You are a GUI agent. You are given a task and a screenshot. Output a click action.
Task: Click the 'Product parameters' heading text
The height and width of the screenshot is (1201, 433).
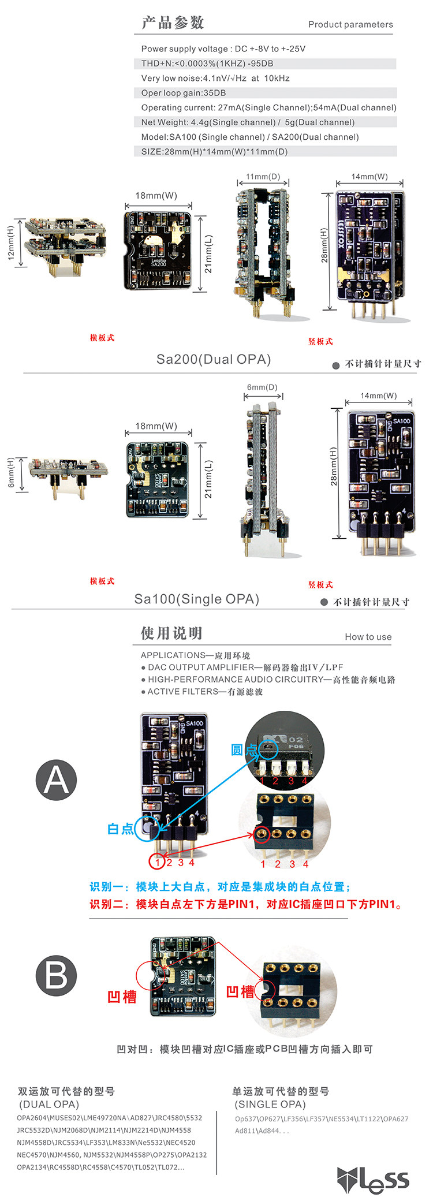pyautogui.click(x=350, y=24)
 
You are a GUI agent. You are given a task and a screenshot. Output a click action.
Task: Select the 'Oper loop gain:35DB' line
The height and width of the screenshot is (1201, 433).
pyautogui.click(x=184, y=93)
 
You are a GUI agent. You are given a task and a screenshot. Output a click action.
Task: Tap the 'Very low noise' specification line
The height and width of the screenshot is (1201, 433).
pyautogui.click(x=215, y=78)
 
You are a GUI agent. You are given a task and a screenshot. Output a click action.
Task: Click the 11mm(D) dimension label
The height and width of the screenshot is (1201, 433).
pyautogui.click(x=263, y=177)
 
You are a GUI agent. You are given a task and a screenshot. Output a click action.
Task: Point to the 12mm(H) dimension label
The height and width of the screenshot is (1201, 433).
pyautogui.click(x=10, y=243)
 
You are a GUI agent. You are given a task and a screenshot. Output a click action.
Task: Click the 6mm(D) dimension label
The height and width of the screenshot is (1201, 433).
pyautogui.click(x=262, y=387)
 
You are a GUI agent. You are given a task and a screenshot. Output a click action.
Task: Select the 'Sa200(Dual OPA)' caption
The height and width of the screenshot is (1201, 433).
pyautogui.click(x=214, y=359)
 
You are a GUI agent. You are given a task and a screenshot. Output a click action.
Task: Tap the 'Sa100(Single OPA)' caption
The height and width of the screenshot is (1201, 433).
pyautogui.click(x=197, y=599)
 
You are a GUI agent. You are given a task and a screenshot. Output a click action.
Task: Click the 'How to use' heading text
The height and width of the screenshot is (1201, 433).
pyautogui.click(x=368, y=637)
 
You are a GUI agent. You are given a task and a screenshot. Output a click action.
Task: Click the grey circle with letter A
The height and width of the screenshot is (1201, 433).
pyautogui.click(x=56, y=779)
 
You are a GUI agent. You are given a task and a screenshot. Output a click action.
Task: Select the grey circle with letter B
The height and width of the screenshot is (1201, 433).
pyautogui.click(x=56, y=975)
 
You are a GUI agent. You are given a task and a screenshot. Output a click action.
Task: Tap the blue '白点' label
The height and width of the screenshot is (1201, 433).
pyautogui.click(x=121, y=829)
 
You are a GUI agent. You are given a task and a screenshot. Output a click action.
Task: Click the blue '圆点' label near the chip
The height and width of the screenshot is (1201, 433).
pyautogui.click(x=244, y=749)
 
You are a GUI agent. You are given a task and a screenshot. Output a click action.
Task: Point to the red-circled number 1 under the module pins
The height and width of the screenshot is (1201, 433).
pyautogui.click(x=157, y=863)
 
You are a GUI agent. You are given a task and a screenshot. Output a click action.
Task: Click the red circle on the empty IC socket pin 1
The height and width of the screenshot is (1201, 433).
pyautogui.click(x=262, y=834)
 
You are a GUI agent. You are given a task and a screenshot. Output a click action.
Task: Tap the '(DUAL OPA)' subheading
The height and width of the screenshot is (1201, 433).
pyautogui.click(x=49, y=1104)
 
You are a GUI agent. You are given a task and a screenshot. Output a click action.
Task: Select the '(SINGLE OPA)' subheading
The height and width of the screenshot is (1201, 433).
pyautogui.click(x=270, y=1104)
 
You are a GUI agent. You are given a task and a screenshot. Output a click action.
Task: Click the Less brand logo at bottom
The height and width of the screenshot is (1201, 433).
pyautogui.click(x=373, y=1180)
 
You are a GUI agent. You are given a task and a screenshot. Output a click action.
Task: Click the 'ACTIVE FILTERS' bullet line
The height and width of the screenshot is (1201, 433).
pyautogui.click(x=202, y=691)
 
